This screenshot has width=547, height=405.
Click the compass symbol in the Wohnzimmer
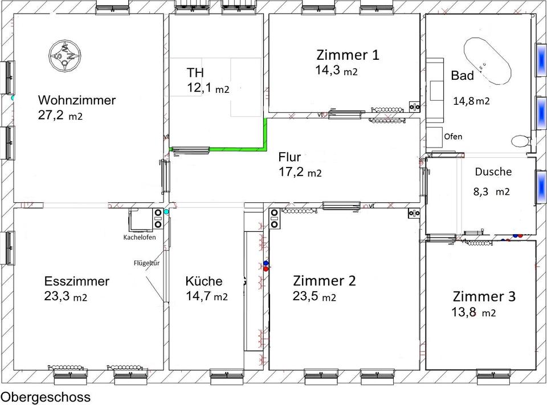click(x=65, y=55)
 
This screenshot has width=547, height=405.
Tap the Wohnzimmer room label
click(x=77, y=100)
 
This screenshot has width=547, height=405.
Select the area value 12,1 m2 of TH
click(x=208, y=88)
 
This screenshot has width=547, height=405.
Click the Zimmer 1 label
click(x=348, y=55)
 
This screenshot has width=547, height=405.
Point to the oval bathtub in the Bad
click(x=487, y=61)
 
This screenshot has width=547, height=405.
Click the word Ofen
click(x=453, y=136)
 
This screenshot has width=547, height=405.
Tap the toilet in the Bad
click(x=521, y=141)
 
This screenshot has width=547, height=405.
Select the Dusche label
click(x=493, y=171)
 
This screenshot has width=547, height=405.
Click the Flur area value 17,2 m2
click(x=300, y=172)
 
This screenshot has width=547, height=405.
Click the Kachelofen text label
click(x=140, y=237)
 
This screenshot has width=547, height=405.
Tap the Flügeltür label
click(x=146, y=263)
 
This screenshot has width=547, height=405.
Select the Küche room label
click(x=204, y=281)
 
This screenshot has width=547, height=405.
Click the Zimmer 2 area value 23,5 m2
click(x=315, y=296)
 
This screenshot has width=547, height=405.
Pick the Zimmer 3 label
click(x=484, y=297)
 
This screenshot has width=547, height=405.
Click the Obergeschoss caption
click(x=46, y=397)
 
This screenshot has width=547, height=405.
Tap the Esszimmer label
click(x=77, y=281)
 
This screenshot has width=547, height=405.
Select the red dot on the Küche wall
click(x=266, y=269)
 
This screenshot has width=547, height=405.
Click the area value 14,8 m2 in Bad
click(x=471, y=101)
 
